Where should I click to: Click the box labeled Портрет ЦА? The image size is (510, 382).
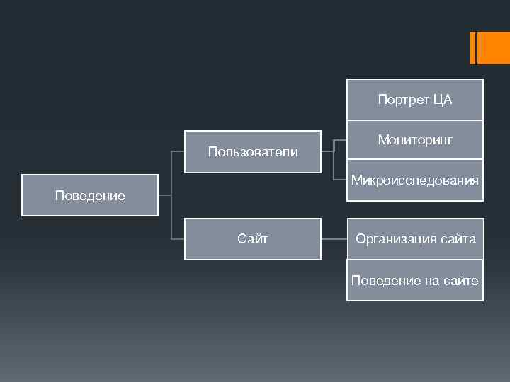(414, 100)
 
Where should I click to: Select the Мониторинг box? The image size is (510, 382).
(414, 140)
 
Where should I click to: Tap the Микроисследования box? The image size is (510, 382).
(414, 180)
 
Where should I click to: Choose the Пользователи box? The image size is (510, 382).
(252, 152)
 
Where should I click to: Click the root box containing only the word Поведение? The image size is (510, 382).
(89, 195)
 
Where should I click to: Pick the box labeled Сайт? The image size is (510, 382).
(252, 239)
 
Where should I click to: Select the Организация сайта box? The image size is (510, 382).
(414, 239)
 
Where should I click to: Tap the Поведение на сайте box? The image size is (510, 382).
(414, 280)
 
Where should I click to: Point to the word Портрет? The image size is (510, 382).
(400, 100)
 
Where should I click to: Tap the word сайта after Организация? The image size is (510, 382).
(456, 239)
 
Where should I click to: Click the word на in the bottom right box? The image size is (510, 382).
(432, 281)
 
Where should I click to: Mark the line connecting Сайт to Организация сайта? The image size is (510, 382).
(334, 239)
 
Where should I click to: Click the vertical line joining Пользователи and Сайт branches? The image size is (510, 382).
(171, 195)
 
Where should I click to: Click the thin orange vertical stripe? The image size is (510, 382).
(472, 48)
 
